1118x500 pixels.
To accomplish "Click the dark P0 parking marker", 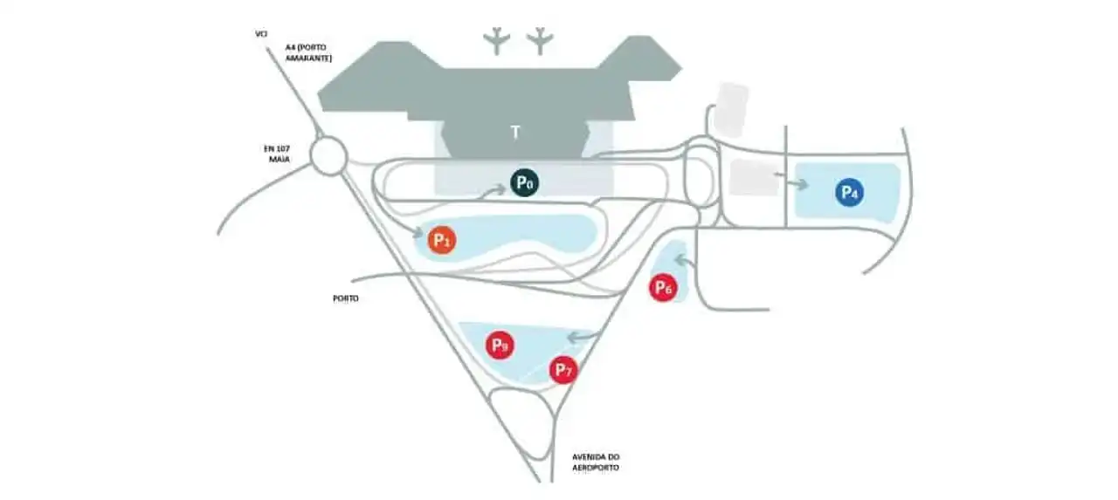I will [524, 183].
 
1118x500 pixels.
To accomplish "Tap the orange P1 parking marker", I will [442, 239].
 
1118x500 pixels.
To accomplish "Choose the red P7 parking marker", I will [563, 370].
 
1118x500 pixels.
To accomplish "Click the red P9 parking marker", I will [499, 345].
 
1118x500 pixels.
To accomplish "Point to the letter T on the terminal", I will [515, 133].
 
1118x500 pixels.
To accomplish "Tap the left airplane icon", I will [498, 40].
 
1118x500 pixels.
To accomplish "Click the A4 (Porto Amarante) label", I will [308, 53].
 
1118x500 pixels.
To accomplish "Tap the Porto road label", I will [346, 298].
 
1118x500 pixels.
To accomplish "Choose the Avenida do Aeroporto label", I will [596, 462].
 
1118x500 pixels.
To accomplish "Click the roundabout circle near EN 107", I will [329, 157].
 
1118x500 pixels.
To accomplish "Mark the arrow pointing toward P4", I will [795, 183].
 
